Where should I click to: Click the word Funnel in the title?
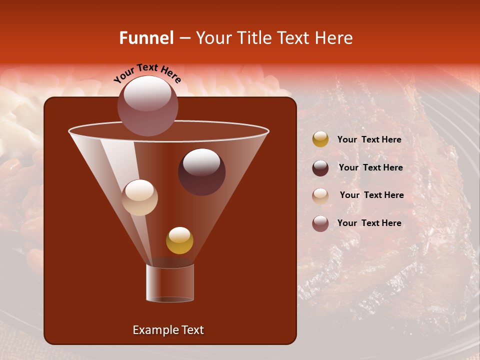[x=146, y=38]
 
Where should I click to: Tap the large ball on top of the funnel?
[x=147, y=105]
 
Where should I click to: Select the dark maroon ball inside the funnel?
[x=201, y=171]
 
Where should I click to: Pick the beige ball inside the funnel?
[x=139, y=197]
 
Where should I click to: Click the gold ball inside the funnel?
[x=179, y=240]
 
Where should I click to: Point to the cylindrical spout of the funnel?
[x=170, y=283]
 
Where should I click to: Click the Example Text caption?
[x=168, y=330]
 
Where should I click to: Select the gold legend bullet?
[x=320, y=139]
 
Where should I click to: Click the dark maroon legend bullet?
[x=320, y=168]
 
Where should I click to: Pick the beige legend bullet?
[x=320, y=196]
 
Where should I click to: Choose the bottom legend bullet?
[x=320, y=223]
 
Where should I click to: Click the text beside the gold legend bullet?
[x=369, y=140]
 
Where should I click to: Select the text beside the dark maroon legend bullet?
[x=370, y=168]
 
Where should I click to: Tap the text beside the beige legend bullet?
[x=371, y=195]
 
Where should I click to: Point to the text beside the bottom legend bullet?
[x=369, y=223]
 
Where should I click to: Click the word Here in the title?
[x=334, y=38]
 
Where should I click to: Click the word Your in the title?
[x=213, y=38]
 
